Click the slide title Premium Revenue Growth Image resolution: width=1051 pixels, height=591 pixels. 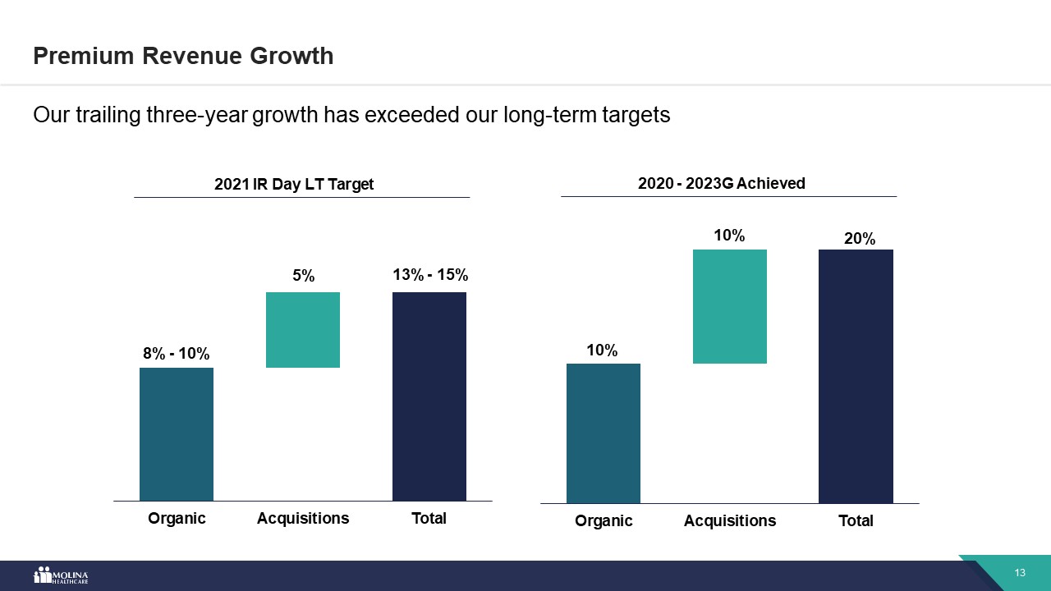coord(183,56)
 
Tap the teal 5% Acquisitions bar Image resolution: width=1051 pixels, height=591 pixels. coord(303,330)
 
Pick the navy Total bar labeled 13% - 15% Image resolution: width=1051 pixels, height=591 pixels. coord(429,396)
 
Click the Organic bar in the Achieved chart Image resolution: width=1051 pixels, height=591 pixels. coord(604,433)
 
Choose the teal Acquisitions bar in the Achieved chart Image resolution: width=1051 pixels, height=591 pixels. coord(730,306)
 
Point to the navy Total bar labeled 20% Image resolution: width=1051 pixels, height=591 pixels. coord(856,376)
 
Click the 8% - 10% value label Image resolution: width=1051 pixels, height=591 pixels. coord(177,354)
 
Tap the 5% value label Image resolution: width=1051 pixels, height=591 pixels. coord(304,277)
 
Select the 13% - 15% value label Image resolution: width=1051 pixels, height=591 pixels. coord(430,275)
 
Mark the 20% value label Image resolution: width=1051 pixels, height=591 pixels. coord(860,239)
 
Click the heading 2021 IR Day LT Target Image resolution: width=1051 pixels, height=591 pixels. coord(294,184)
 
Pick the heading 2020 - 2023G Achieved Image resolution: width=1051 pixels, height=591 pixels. coord(722,183)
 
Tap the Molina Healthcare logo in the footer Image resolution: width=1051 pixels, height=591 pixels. coord(61,575)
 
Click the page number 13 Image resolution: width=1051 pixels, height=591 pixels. coord(1021,573)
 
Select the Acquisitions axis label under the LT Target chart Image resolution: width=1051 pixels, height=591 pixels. coord(303,518)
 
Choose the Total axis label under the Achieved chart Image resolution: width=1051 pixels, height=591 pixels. coord(856,520)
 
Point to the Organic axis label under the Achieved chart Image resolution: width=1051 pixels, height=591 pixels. coord(604,520)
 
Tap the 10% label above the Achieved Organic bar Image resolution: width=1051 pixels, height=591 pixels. coord(602,350)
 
